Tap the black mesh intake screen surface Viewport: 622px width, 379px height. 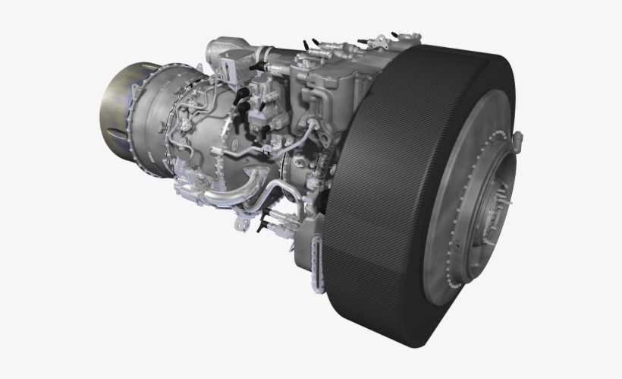tap(379, 190)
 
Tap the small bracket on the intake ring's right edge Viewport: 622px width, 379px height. tap(517, 139)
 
